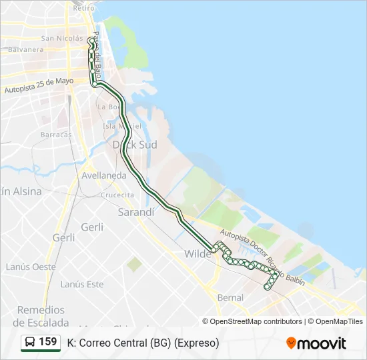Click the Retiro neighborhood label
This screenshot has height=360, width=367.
(x=79, y=8)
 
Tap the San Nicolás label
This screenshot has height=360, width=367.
(x=62, y=38)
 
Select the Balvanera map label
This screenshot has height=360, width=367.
(x=27, y=49)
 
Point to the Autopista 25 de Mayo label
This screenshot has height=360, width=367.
(x=39, y=85)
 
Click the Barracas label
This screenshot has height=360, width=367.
(x=56, y=134)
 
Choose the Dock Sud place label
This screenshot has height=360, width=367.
(x=135, y=144)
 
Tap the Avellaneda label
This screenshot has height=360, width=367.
(x=104, y=175)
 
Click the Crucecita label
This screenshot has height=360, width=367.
(x=117, y=195)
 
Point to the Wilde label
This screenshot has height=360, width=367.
(x=198, y=254)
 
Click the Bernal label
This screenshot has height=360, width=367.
(x=231, y=297)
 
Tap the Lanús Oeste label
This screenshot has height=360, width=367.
(x=31, y=267)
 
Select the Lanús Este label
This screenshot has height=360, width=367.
(x=82, y=284)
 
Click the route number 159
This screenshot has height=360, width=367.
(x=48, y=342)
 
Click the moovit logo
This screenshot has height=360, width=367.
(x=316, y=343)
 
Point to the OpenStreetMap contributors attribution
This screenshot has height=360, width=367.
(x=256, y=321)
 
